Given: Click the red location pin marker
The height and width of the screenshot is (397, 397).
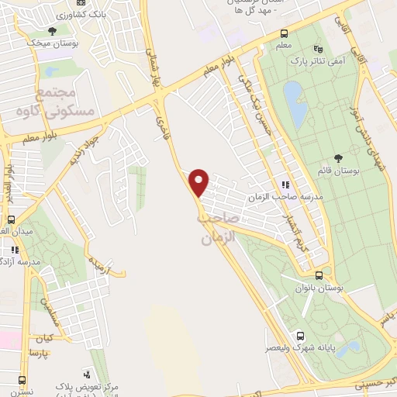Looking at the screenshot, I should pos(199,181).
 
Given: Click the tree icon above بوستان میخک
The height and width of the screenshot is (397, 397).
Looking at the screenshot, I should pos(52,31).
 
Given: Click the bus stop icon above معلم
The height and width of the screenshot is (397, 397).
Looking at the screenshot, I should pos(284,34).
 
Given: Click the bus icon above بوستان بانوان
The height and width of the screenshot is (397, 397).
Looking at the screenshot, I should pos(319,276).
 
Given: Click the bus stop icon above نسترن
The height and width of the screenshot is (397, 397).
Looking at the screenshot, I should pos(21,381).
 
